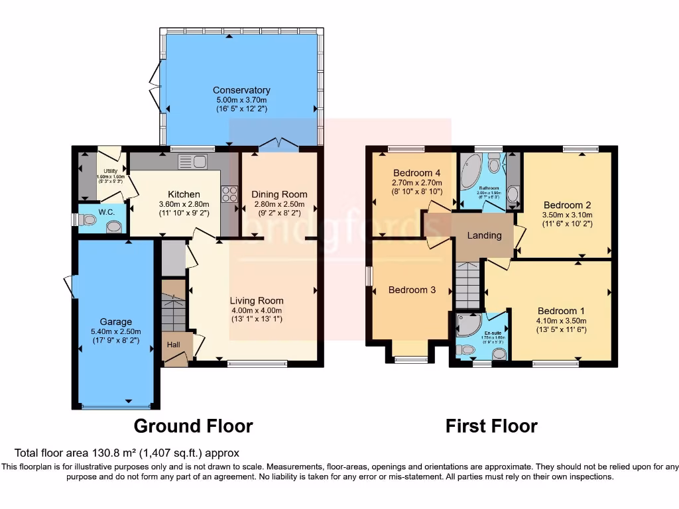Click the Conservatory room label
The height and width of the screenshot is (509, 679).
(x=241, y=90)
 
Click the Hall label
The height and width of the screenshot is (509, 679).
(x=173, y=345)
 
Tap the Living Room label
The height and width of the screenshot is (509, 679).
(x=256, y=300)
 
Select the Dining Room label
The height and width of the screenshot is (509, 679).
(x=279, y=194)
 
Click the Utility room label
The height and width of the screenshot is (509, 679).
(x=110, y=171)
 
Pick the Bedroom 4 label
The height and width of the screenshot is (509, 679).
(x=417, y=174)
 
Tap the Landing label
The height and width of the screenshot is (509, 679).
(x=484, y=235)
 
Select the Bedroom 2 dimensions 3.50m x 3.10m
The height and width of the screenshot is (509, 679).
(x=568, y=215)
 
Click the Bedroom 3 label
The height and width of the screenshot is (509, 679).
(x=412, y=290)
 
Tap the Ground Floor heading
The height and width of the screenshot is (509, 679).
(x=193, y=425)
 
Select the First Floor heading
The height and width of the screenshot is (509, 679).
(x=491, y=425)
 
